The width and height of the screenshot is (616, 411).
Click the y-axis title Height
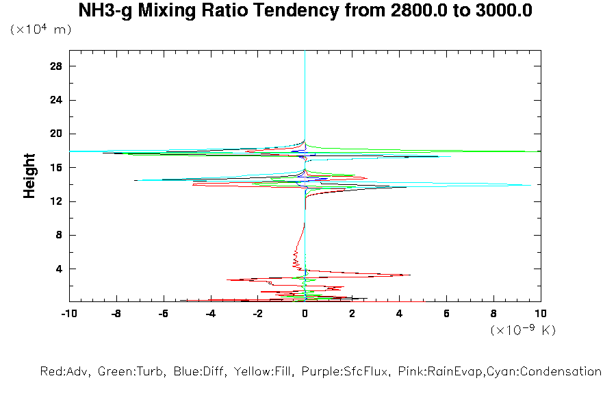[x=29, y=176]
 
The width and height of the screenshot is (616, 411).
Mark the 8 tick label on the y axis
[x=59, y=235]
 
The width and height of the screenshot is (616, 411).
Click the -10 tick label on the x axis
[x=68, y=314]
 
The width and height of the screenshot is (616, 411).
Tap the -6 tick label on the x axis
[x=163, y=314]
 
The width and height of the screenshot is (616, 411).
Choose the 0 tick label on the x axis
[x=305, y=314]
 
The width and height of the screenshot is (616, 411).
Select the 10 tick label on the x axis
[x=541, y=314]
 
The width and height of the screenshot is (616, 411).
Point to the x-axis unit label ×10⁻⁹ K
[x=523, y=330]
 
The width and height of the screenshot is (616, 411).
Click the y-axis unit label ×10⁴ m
[x=40, y=30]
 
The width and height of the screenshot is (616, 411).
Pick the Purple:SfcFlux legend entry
[x=346, y=372]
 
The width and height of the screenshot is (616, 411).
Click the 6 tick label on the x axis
[x=446, y=314]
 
